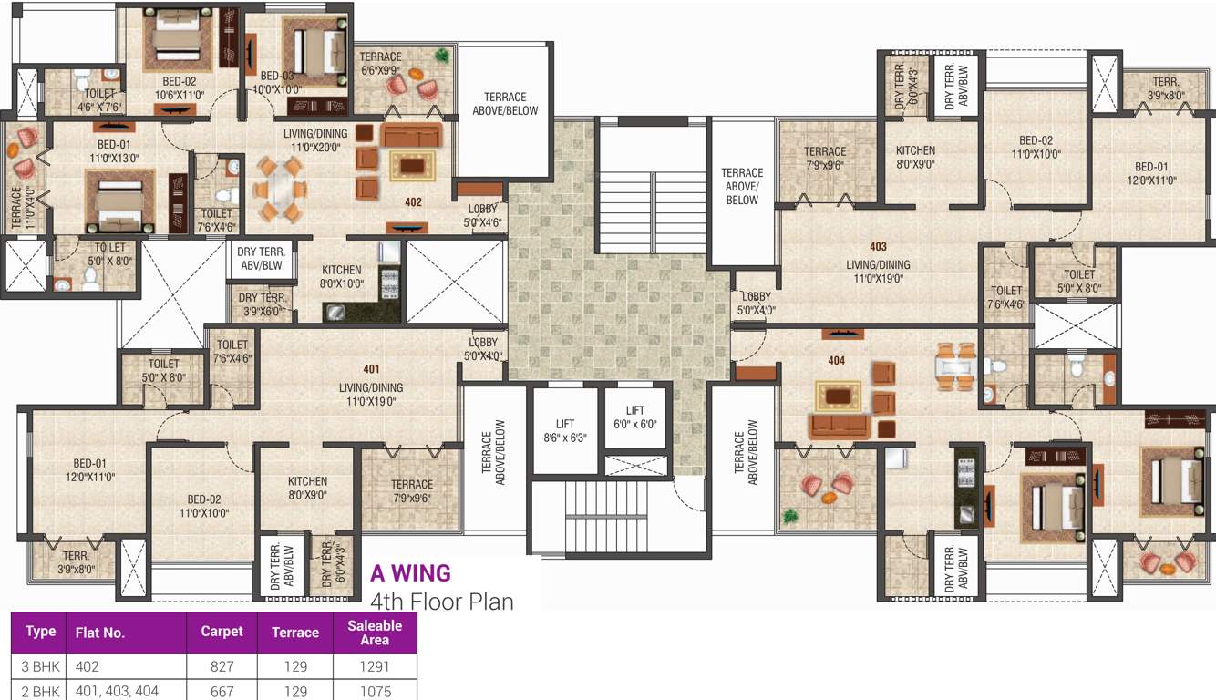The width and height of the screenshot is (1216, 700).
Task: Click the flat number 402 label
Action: (413, 202)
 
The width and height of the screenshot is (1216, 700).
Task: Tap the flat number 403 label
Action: (878, 247)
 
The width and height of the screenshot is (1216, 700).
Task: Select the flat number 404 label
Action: (836, 361)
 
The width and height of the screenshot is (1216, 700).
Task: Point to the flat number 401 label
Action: (371, 369)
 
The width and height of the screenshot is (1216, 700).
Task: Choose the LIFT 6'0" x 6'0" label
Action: (634, 417)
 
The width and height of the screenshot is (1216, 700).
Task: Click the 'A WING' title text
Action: (410, 573)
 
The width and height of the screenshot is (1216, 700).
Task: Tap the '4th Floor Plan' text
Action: (442, 602)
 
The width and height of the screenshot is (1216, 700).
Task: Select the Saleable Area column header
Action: (375, 632)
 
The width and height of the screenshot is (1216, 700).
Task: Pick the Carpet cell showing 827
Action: (222, 667)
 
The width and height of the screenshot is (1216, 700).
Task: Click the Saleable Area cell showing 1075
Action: (375, 692)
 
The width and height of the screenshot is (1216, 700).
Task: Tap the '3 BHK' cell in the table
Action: (41, 667)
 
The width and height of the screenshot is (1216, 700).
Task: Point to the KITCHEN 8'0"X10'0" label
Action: (342, 276)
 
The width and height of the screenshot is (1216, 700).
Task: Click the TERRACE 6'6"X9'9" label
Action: (381, 63)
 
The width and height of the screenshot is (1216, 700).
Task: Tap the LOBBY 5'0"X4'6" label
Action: (482, 215)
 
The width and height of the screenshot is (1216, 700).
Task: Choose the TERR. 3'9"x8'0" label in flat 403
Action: (1165, 87)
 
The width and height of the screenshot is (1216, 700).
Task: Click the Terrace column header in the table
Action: (295, 632)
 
